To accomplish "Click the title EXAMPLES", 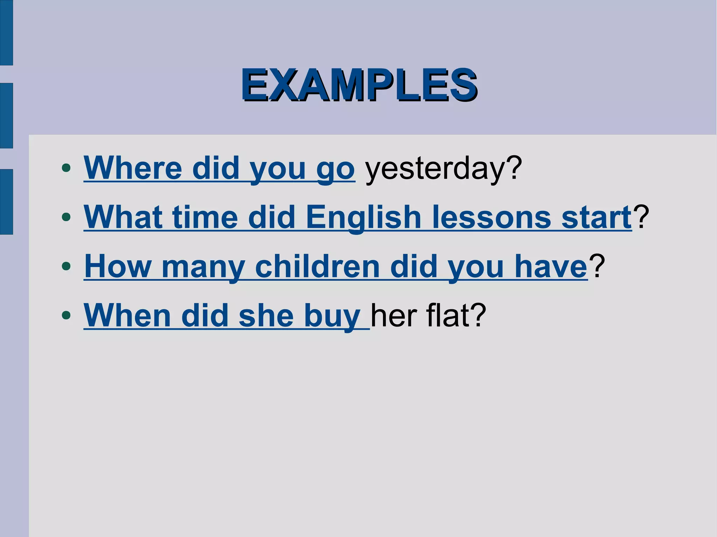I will (359, 85).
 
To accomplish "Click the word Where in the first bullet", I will (133, 168).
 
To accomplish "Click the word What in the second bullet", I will (123, 217).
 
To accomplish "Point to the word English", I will (363, 218).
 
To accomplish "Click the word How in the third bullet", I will (118, 267).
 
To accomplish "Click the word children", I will (317, 267).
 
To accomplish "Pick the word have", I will (550, 267).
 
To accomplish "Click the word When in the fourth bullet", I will (127, 316).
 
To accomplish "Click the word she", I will (266, 316).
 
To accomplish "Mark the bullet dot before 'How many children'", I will (66, 266).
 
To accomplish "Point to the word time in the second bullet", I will (205, 218).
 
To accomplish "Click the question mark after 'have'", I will (597, 266).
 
